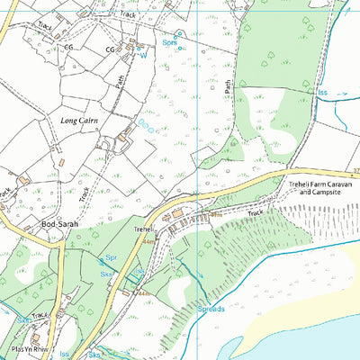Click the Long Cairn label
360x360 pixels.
tap(79, 120)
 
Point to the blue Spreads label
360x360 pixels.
tap(211, 309)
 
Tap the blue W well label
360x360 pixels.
tap(140, 55)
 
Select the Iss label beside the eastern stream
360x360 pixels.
tap(322, 92)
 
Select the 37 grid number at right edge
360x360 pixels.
tap(355, 171)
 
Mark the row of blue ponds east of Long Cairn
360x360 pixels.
tap(145, 125)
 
